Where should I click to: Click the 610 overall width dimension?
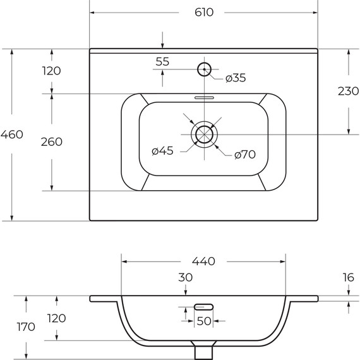pos(203,12)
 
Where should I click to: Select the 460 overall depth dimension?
pos(12,134)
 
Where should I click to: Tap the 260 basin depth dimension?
pos(51,141)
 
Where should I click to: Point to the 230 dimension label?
pos(349,91)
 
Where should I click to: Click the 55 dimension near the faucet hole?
pos(162,61)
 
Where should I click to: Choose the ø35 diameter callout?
pos(236,78)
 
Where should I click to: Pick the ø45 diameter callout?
pos(163,150)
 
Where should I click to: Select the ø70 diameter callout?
pos(244,154)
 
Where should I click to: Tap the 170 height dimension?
pos(26,327)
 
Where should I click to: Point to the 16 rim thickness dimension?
pos(349,277)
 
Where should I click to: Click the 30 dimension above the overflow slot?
pos(185,277)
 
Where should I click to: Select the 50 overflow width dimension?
pos(203,321)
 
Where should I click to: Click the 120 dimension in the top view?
pos(51,71)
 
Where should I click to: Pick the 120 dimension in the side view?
pos(56,318)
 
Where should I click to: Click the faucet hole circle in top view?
pos(205,68)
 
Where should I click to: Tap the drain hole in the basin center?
pos(203,134)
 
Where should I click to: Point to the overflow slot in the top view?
pos(204,98)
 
